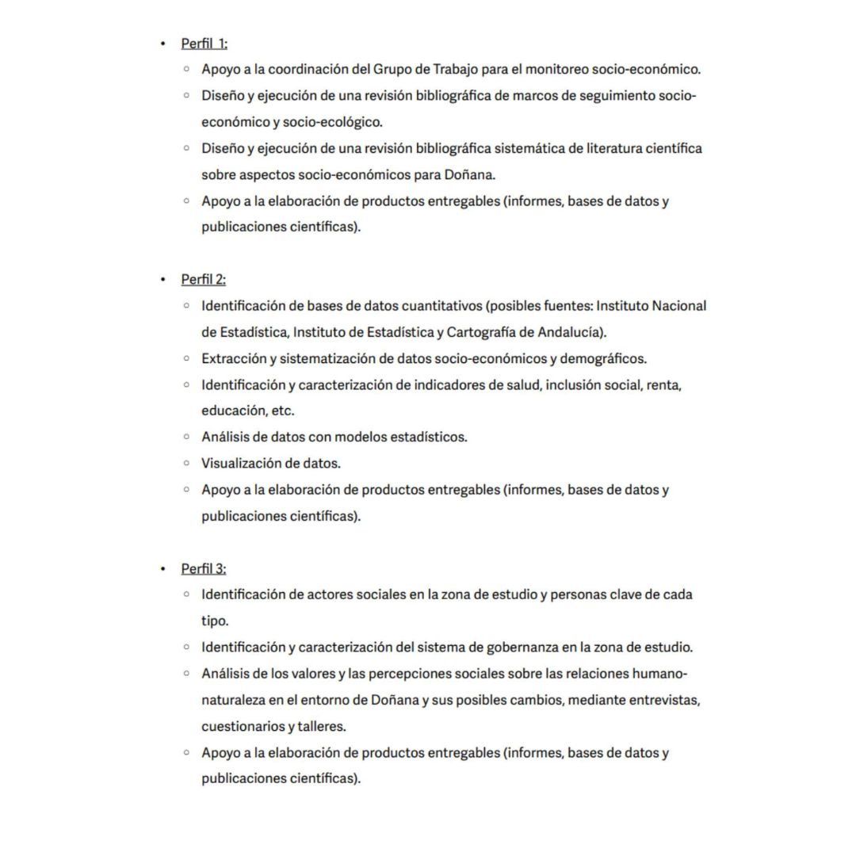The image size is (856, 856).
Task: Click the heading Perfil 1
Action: [204, 44]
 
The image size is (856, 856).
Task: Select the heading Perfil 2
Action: [204, 280]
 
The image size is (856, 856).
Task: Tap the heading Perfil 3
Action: [204, 569]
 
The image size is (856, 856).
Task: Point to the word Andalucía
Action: [572, 332]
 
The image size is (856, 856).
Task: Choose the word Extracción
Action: [233, 358]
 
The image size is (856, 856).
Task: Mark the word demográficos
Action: [603, 358]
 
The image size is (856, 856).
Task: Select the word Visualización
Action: [241, 463]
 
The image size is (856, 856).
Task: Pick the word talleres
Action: [322, 726]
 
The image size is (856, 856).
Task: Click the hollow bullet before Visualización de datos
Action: [186, 463]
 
